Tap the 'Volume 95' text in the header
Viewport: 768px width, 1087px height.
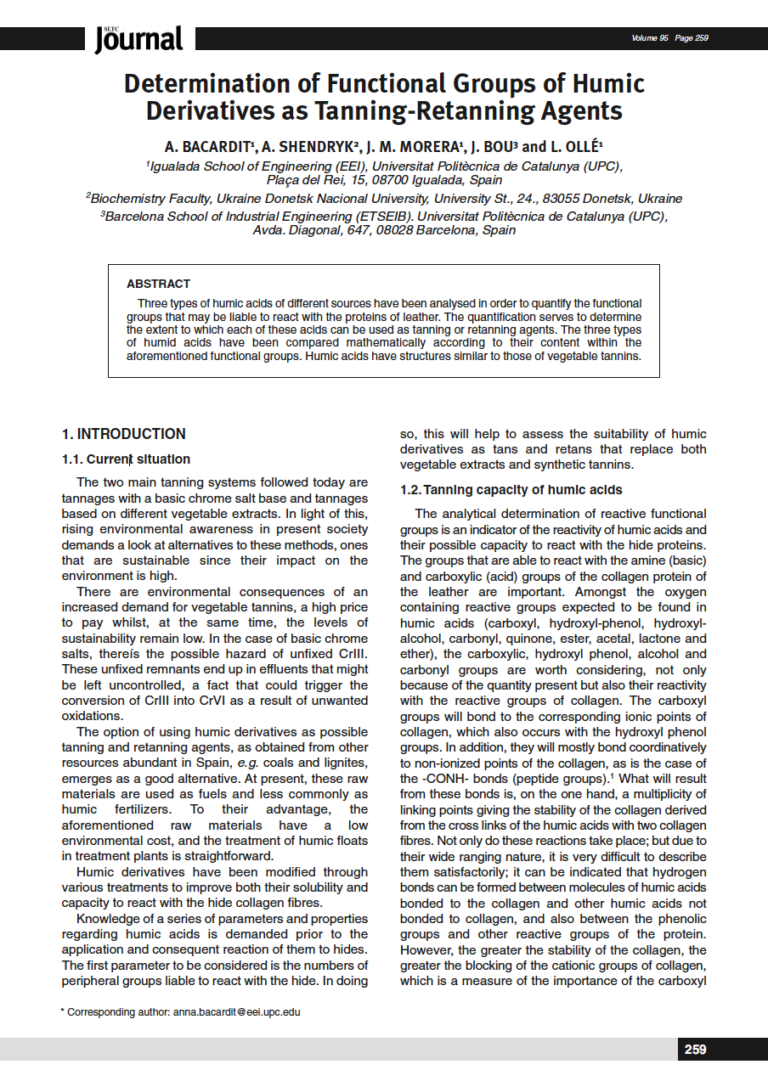tap(650, 38)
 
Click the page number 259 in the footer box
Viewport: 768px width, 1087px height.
tap(695, 1050)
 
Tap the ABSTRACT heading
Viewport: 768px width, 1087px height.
tap(158, 284)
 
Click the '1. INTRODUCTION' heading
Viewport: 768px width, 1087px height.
tap(123, 434)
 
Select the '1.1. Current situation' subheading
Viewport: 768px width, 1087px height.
tap(126, 459)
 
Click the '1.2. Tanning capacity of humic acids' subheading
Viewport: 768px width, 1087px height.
tap(511, 490)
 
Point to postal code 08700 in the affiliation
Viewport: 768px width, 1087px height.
tap(369, 180)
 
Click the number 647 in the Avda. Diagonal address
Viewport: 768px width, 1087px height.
tap(377, 230)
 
